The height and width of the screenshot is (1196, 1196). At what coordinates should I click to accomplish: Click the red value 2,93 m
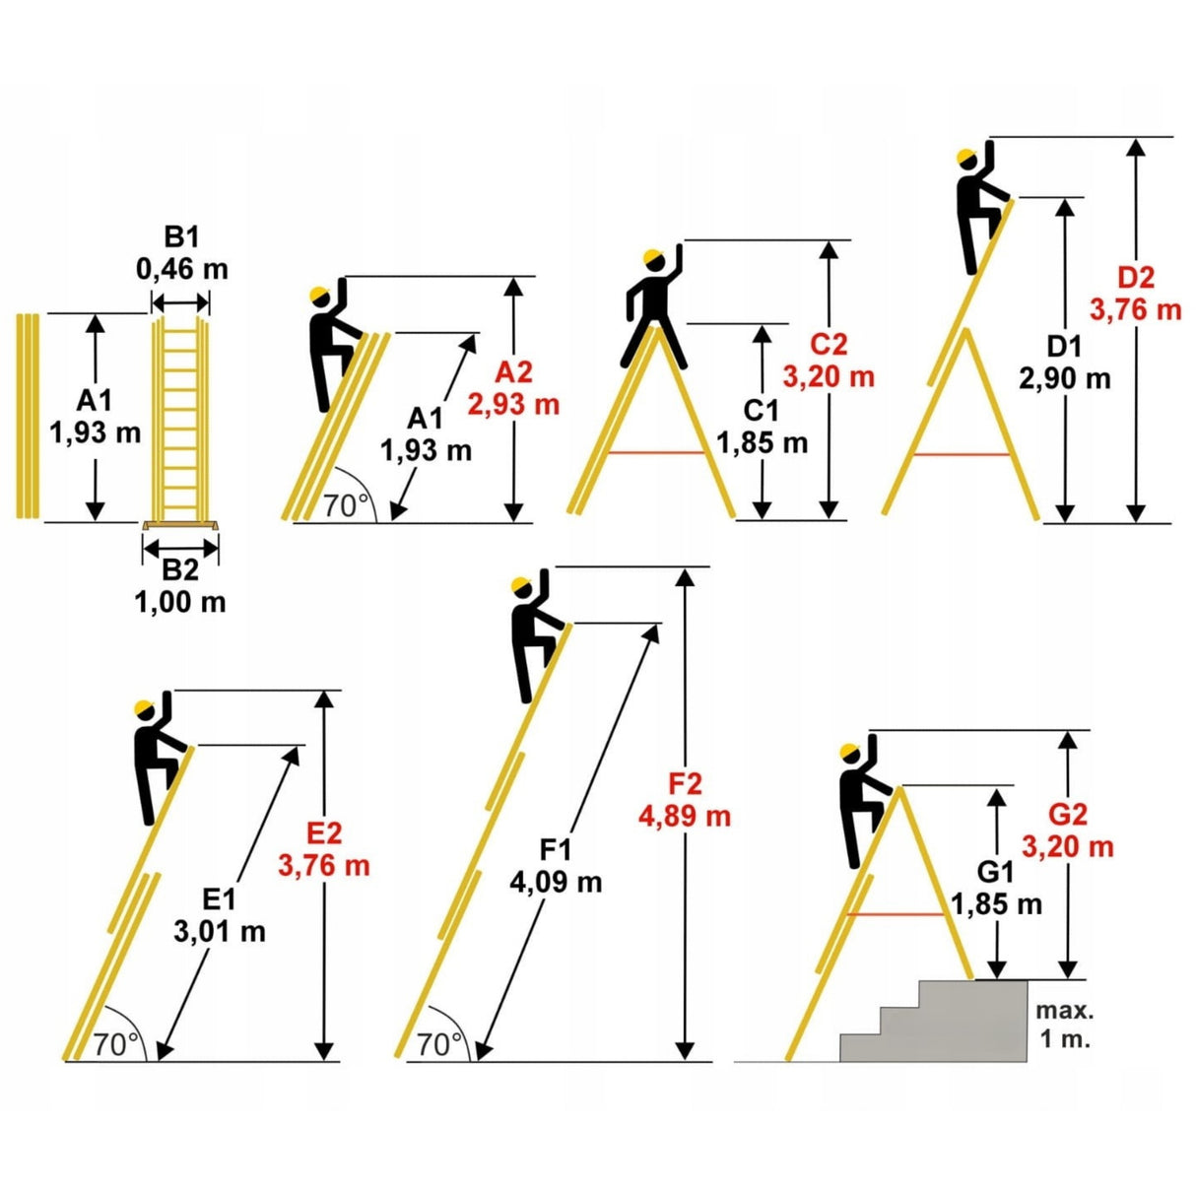pos(513,405)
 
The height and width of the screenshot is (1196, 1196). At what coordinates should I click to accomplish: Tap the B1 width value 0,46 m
pos(182,269)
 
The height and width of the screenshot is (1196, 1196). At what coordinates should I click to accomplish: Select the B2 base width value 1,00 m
pos(180,602)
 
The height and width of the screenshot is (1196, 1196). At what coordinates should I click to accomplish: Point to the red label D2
pos(1136,278)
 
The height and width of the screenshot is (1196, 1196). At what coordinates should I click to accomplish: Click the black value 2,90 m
pos(1064,379)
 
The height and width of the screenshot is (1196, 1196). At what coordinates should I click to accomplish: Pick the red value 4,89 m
pos(685,816)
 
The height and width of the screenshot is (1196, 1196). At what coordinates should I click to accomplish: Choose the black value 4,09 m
pos(556,882)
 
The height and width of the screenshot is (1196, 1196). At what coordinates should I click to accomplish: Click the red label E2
pos(324,833)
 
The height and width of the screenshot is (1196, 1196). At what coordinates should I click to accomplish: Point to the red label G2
pos(1068,815)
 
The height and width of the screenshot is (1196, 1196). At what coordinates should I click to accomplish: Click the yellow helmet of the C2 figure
pos(653,256)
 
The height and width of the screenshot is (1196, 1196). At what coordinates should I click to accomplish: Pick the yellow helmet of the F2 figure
pos(521,584)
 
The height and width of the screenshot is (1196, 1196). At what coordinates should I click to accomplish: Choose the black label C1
pos(761,410)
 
